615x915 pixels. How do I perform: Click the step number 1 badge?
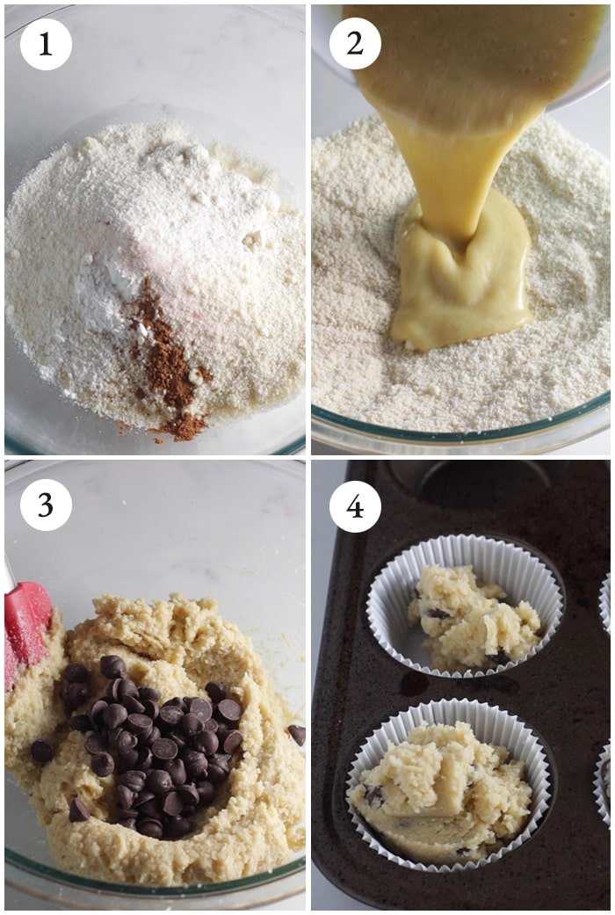pos(46,44)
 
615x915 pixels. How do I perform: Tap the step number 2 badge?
pos(355,43)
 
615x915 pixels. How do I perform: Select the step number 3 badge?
pos(46,505)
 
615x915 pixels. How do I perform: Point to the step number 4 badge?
pos(355,506)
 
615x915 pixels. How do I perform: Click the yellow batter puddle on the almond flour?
pos(461,274)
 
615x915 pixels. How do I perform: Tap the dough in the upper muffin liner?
pos(473,619)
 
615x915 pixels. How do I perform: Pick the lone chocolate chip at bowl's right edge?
pos(297,734)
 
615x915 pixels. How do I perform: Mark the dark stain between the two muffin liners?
pos(415,684)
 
